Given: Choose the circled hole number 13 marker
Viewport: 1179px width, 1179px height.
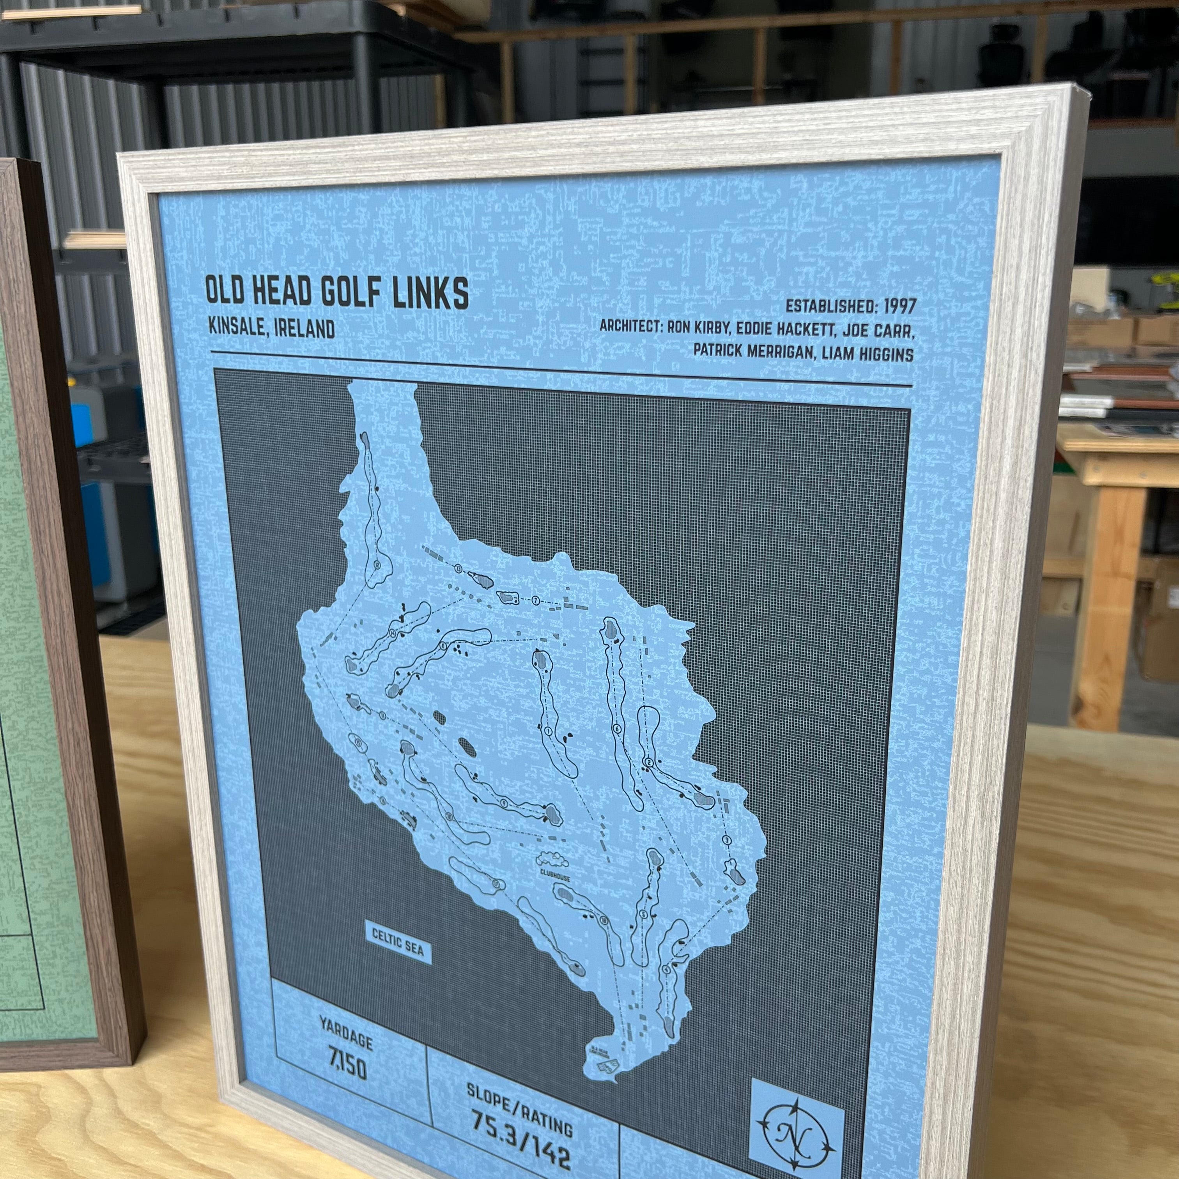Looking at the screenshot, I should click(458, 568).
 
